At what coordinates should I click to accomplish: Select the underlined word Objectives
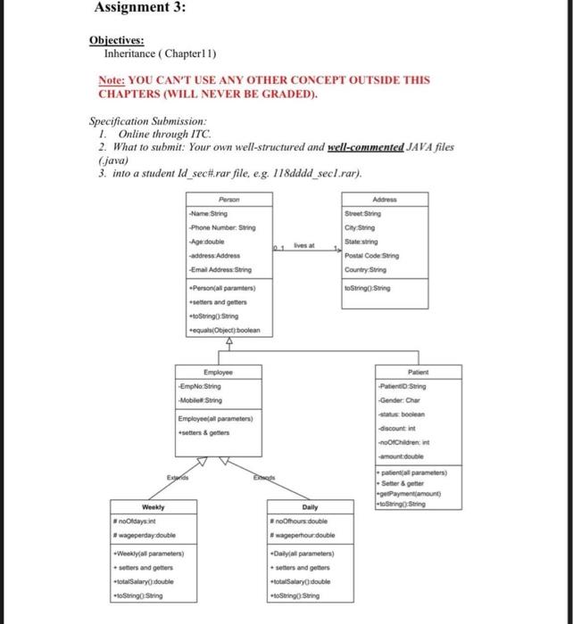113,39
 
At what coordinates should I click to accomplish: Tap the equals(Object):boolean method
224,330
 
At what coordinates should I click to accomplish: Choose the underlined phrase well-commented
363,146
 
